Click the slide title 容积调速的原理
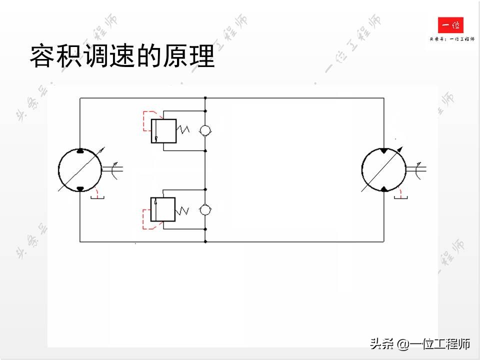pos(122,56)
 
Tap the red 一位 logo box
pos(450,25)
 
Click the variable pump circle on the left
pos(79,169)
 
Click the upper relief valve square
pos(163,130)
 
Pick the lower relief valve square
pos(163,209)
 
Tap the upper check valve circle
pos(205,130)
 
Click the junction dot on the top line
pos(205,98)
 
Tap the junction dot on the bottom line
pos(205,242)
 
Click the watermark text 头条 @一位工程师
pos(420,344)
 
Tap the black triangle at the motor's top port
pos(383,150)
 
